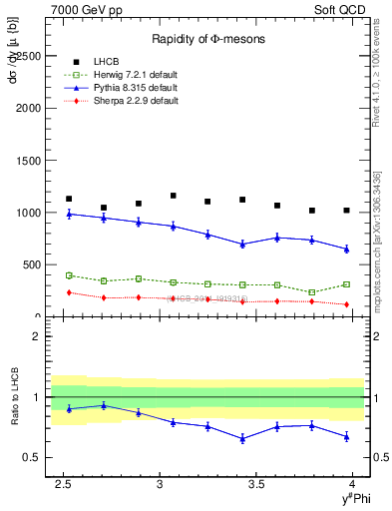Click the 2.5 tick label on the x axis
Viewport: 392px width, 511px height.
tap(65, 483)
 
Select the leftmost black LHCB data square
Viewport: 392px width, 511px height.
tap(69, 199)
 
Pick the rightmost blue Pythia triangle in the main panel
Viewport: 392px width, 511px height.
tap(346, 249)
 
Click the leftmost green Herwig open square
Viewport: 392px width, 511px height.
tap(69, 275)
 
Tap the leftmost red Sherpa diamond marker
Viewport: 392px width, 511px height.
tap(69, 292)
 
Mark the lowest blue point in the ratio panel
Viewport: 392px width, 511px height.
tap(242, 438)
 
